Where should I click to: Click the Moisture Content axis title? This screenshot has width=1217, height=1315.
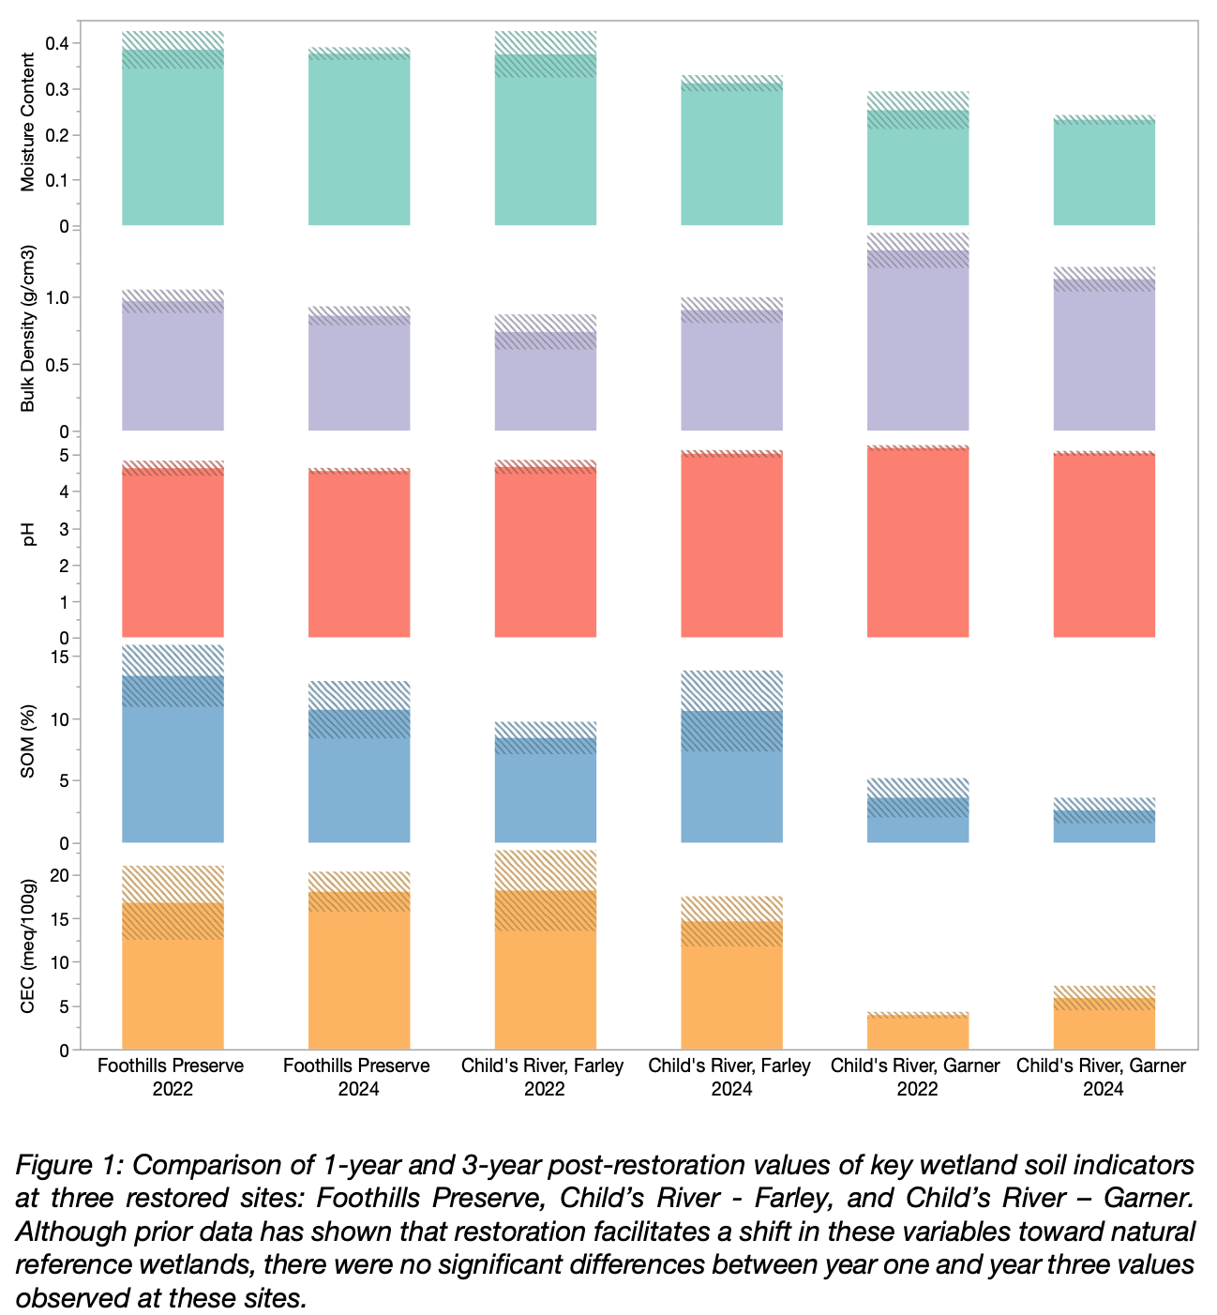[28, 122]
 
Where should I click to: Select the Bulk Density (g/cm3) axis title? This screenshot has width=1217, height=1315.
[28, 328]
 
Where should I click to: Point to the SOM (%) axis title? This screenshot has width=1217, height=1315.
[28, 743]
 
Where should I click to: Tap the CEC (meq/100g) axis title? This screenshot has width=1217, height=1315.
[28, 947]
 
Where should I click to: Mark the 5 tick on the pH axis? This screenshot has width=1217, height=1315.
[64, 455]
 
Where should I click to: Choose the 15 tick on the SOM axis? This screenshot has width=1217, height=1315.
[60, 657]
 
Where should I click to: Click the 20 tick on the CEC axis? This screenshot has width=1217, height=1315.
[60, 875]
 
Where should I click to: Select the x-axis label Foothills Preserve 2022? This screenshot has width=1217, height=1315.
[173, 1078]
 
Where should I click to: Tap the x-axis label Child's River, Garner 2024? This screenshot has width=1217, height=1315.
[1103, 1078]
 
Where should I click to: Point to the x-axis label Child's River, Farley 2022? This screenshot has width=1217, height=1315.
[544, 1078]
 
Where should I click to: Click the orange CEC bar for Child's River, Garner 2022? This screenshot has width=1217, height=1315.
[918, 1032]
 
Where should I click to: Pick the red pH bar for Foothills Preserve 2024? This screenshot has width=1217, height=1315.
[359, 553]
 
